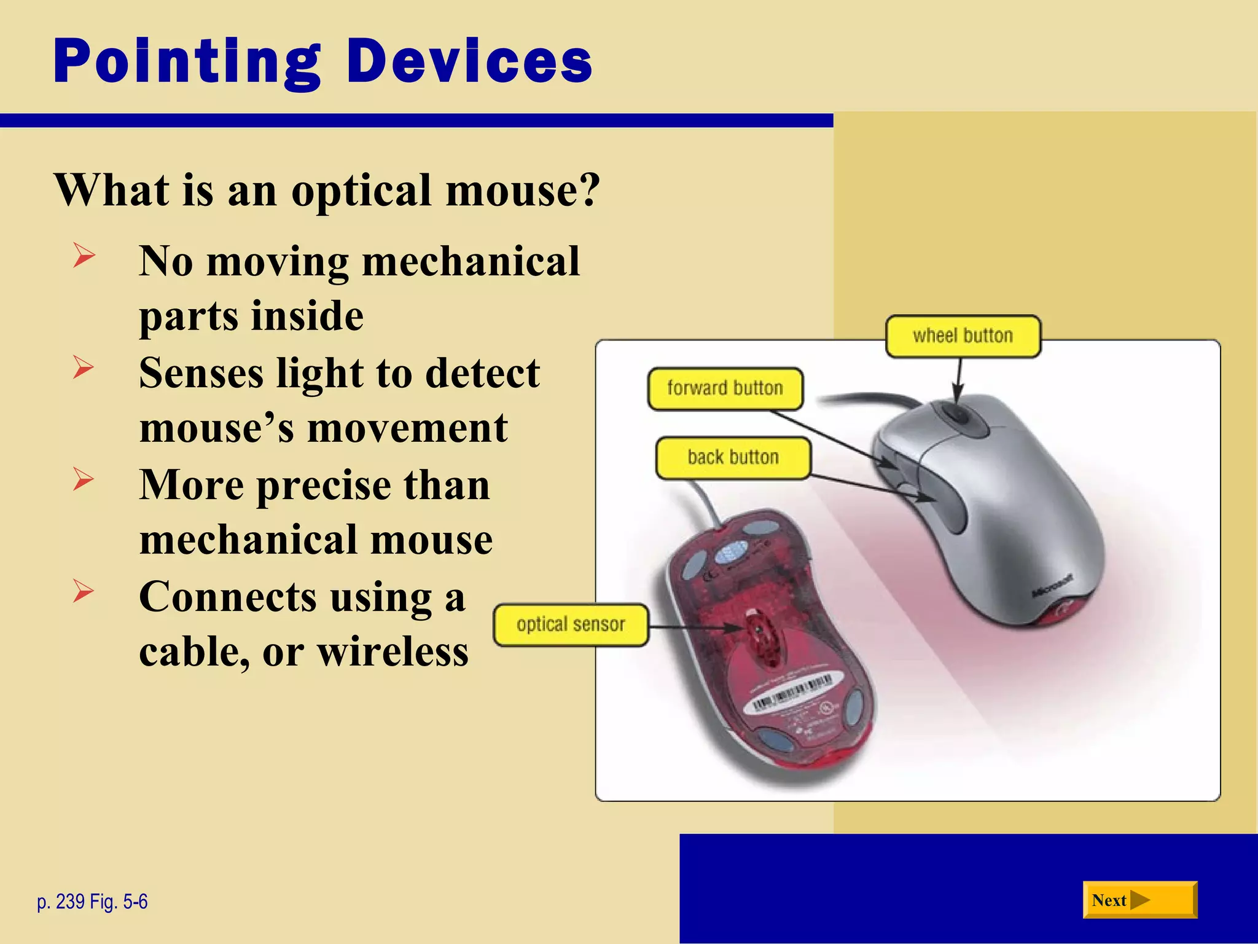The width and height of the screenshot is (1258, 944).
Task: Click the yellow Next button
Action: pyautogui.click(x=1139, y=900)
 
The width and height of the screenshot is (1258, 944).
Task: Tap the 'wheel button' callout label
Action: pyautogui.click(x=963, y=336)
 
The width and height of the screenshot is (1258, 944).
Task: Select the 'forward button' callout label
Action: pyautogui.click(x=725, y=388)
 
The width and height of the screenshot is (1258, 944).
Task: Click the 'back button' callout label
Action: pyautogui.click(x=733, y=458)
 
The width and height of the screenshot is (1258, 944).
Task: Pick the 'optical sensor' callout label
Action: pyautogui.click(x=571, y=625)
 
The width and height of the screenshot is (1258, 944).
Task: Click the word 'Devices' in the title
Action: pyautogui.click(x=469, y=61)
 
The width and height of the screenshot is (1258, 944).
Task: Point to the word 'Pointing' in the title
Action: pyautogui.click(x=187, y=61)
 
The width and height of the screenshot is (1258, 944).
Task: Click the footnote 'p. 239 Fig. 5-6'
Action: pyautogui.click(x=92, y=902)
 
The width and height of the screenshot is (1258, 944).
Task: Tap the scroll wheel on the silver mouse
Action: pyautogui.click(x=956, y=412)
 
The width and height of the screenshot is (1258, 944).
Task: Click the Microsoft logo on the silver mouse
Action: pyautogui.click(x=1052, y=586)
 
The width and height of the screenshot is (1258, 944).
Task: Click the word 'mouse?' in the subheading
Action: pyautogui.click(x=522, y=190)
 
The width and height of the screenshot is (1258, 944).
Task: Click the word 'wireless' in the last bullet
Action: pyautogui.click(x=393, y=652)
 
